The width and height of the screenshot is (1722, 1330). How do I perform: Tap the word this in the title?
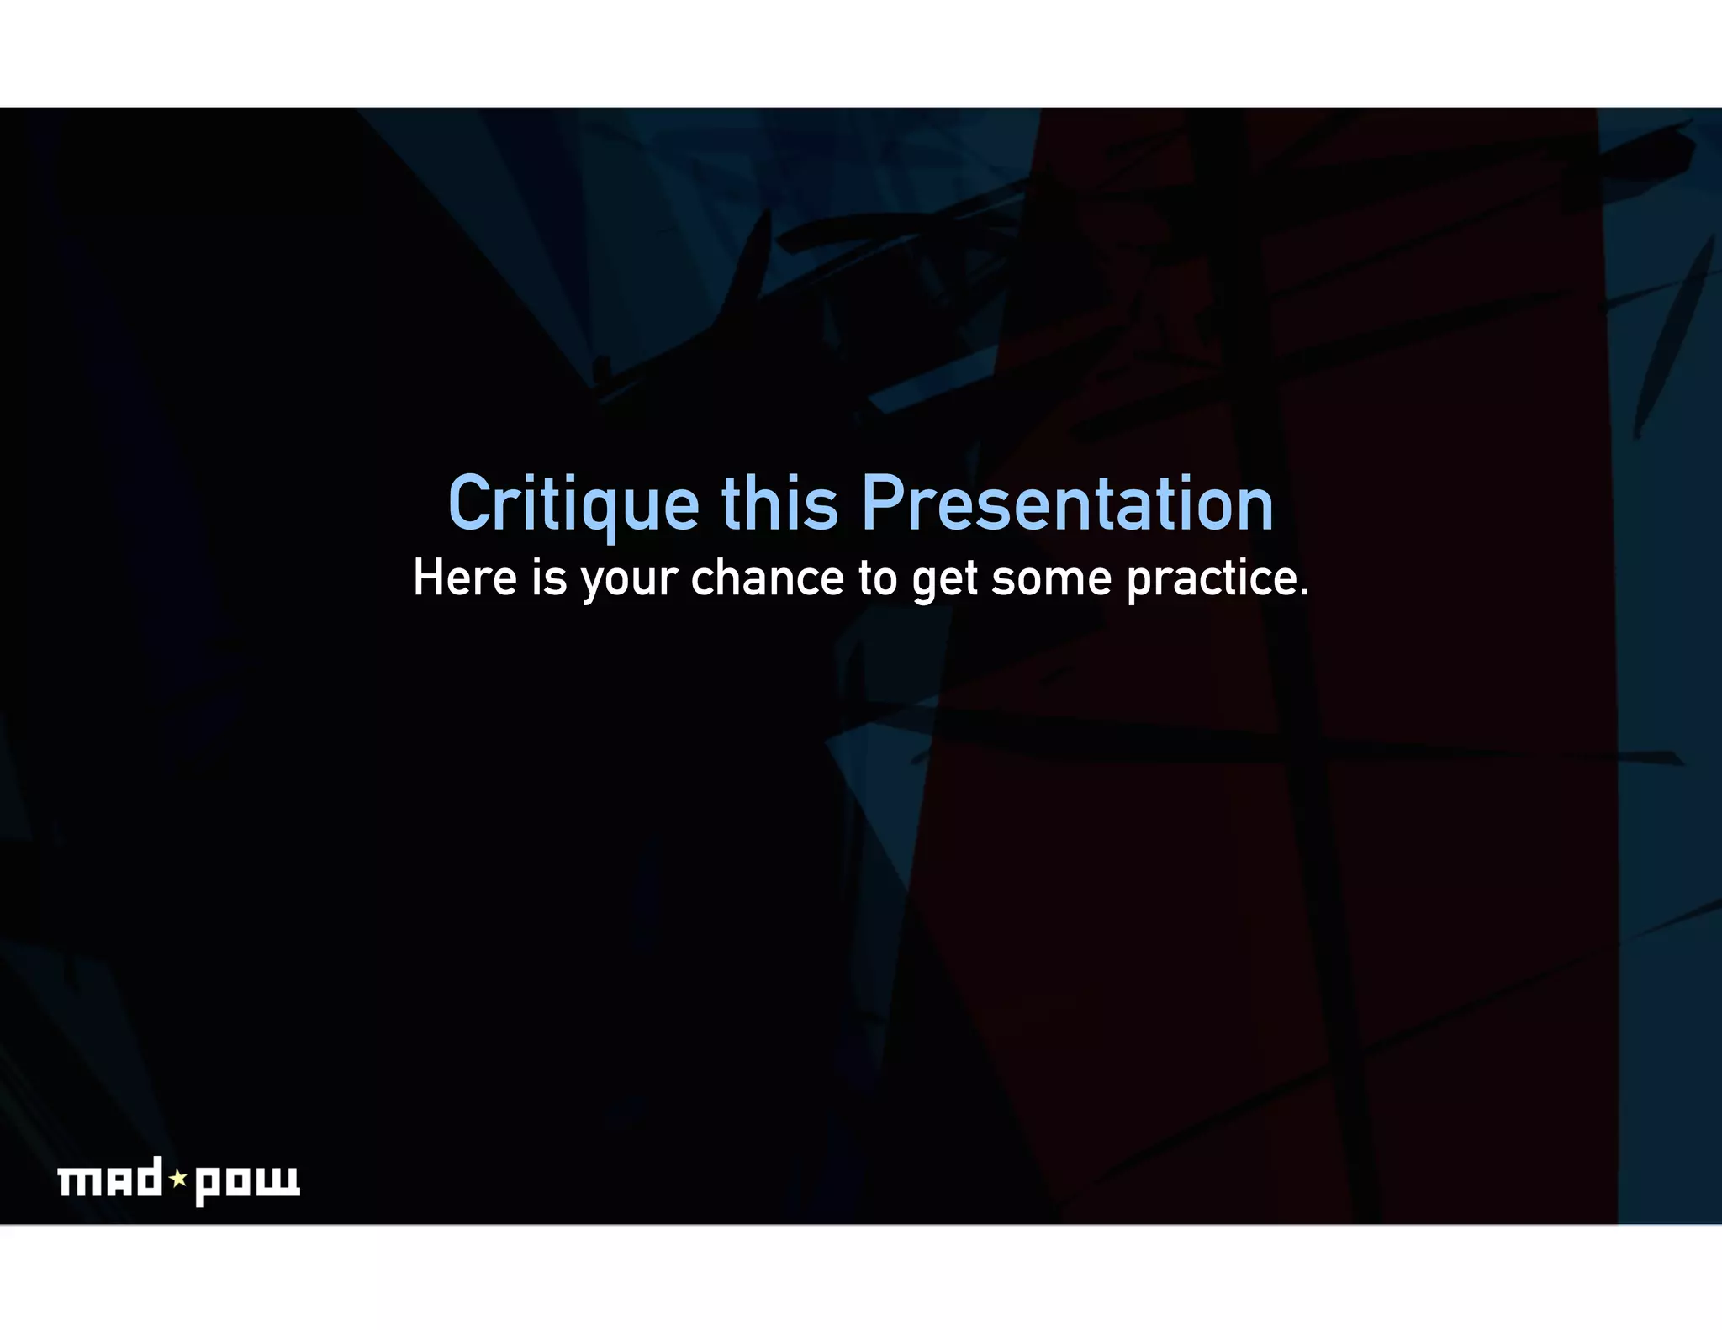(779, 504)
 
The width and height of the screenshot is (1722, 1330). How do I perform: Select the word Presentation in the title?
(1067, 504)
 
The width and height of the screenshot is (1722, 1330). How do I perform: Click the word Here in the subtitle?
(464, 578)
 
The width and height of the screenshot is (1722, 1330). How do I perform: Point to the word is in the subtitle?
(549, 578)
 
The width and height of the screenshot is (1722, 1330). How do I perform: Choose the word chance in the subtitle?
(767, 578)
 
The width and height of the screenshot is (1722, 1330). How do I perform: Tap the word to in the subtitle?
(878, 578)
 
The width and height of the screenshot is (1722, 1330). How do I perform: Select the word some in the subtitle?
(1052, 578)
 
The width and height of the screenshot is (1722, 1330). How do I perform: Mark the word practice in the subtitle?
(1211, 580)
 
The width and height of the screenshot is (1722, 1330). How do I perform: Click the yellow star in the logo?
(178, 1179)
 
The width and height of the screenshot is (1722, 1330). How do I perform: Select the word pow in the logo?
(247, 1183)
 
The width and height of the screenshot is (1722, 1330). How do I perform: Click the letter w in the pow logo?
(282, 1180)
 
